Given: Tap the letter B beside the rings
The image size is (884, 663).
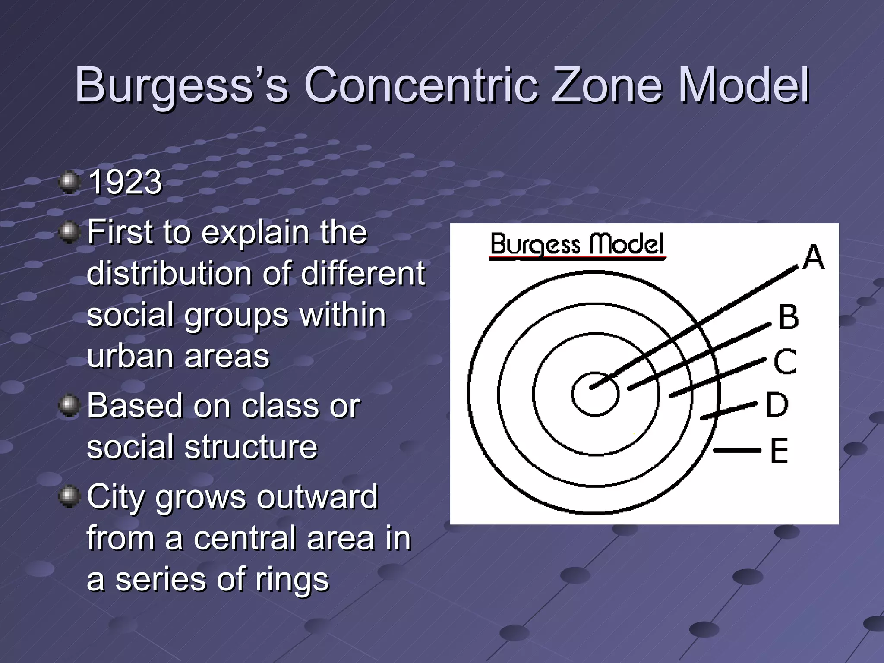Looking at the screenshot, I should pos(788,317).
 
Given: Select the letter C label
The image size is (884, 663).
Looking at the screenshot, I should pos(785,361).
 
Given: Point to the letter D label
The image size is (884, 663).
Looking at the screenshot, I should pos(777,405).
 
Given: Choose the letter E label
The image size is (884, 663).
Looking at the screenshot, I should pos(779,451).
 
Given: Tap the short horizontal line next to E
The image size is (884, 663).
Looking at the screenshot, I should pos(737,450).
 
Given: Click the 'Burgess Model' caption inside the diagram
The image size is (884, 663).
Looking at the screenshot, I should pos(577,244).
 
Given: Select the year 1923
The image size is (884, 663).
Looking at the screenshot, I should pos(125,183).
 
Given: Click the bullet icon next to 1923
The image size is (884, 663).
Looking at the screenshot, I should pos(69,183).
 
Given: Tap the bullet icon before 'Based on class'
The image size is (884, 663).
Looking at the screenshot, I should pos(69,406).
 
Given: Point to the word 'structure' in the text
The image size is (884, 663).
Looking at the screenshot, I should pos(251,447).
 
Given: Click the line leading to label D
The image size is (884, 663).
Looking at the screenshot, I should pos(729,410).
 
